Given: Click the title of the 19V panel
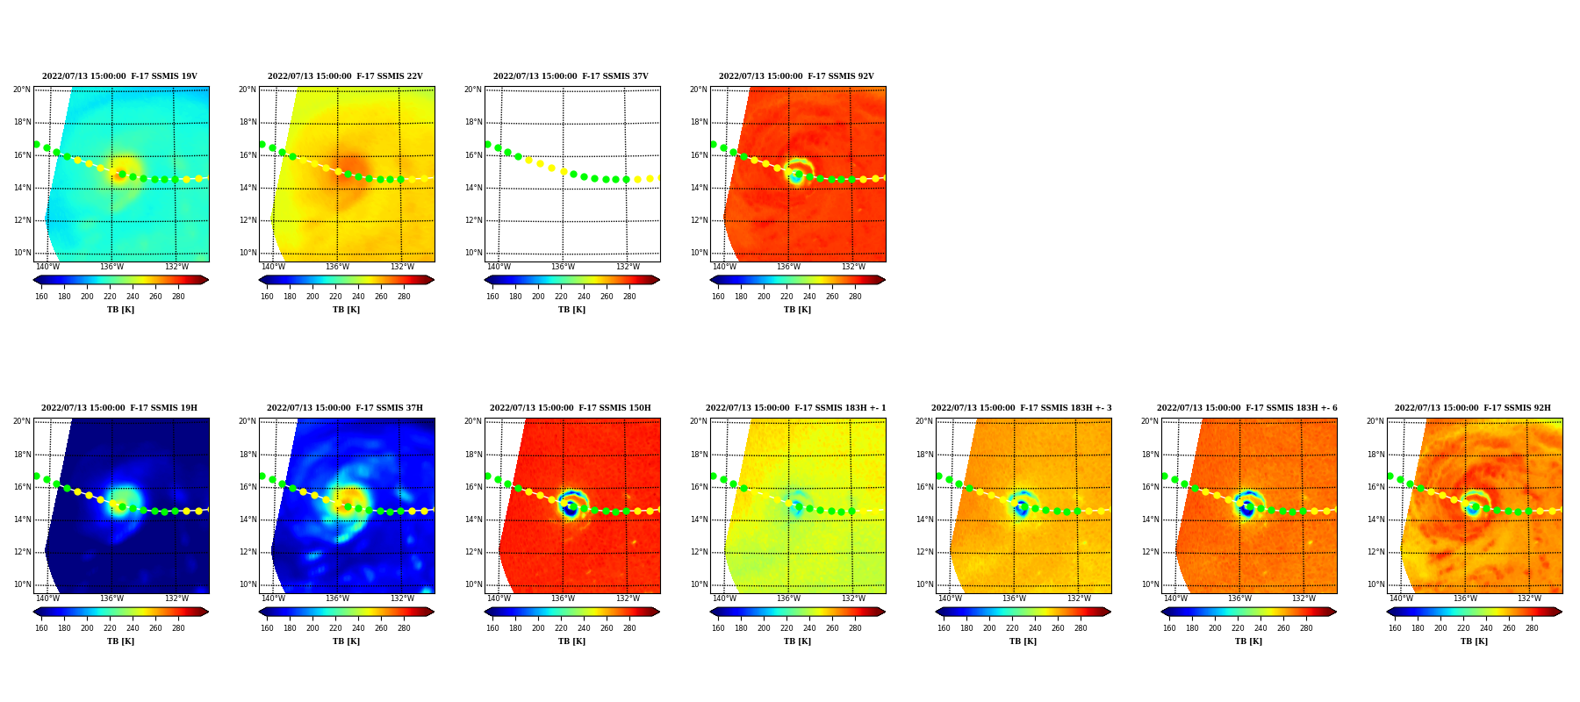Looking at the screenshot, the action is click(x=119, y=76).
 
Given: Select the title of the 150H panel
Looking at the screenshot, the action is click(x=571, y=408).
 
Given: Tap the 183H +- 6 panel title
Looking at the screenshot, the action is click(x=1247, y=408).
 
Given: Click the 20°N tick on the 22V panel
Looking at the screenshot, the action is click(x=248, y=90).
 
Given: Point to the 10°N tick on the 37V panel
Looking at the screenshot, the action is click(x=473, y=253).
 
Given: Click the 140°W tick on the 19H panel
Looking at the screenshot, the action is click(x=47, y=598).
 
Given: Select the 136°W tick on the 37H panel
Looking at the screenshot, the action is click(x=337, y=598).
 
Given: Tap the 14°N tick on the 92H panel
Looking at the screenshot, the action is click(x=1375, y=519).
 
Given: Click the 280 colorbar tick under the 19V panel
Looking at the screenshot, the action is click(x=178, y=297).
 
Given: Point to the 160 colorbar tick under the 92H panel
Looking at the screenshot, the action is click(x=1395, y=628).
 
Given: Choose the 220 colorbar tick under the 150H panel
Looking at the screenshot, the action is click(x=561, y=628).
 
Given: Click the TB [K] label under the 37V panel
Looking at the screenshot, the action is click(x=571, y=310).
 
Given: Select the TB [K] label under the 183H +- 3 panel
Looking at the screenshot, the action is click(x=1023, y=641).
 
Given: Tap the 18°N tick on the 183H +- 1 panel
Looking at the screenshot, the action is click(x=699, y=455).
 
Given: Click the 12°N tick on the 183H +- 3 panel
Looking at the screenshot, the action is click(x=924, y=552).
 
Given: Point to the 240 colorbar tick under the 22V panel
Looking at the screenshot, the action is click(x=358, y=297).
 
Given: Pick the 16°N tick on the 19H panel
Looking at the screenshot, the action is click(x=22, y=487).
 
